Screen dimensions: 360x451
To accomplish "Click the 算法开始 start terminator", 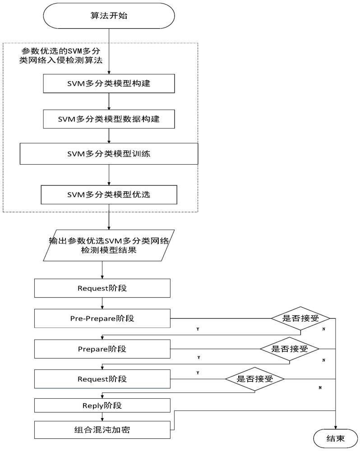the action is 109,15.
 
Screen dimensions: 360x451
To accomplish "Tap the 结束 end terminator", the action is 335,438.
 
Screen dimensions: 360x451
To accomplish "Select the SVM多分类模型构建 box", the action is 109,83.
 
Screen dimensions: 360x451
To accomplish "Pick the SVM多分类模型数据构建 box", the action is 109,119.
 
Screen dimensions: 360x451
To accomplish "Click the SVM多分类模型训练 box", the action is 109,154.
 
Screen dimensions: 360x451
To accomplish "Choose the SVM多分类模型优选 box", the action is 109,195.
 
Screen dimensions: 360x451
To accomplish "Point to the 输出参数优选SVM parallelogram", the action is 109,245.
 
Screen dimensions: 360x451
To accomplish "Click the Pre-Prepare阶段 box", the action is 102,318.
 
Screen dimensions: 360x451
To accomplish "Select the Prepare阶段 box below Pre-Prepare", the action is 102,349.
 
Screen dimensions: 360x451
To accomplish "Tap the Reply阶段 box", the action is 102,405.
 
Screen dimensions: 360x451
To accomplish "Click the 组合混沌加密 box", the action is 102,430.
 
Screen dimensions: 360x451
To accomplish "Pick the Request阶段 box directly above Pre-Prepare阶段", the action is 102,288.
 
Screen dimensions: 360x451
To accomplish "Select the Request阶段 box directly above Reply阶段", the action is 102,379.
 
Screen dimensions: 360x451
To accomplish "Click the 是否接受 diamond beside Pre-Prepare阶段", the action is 300,318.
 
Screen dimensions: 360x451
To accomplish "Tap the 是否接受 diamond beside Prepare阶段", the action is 290,349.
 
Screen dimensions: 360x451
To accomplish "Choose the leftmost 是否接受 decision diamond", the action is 255,379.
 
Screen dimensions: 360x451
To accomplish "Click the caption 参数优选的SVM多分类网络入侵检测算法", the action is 61,55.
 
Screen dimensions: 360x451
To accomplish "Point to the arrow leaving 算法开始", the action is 109,51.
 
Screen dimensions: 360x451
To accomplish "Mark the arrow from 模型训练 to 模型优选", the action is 109,175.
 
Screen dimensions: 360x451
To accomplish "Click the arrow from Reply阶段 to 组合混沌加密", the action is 102,417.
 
